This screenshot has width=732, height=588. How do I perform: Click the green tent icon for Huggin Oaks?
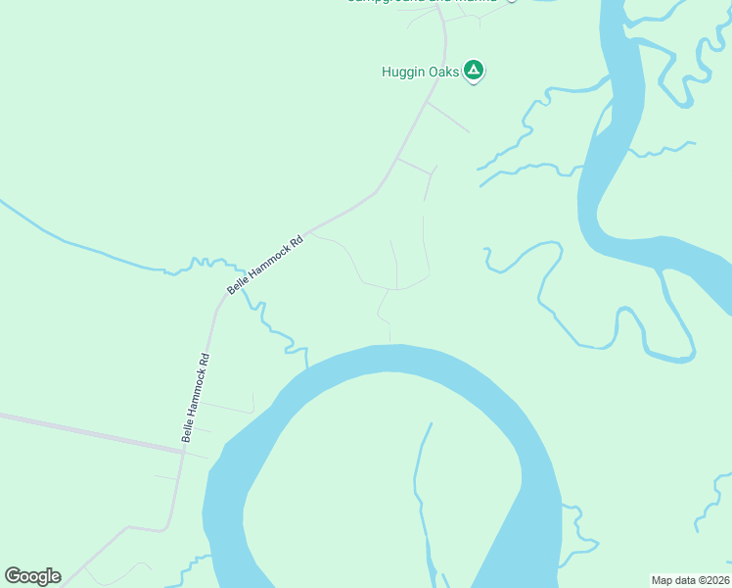pos(474,70)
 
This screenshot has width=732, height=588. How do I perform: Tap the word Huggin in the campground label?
pos(402,72)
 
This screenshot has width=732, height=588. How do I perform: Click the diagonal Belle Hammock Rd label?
pos(265,265)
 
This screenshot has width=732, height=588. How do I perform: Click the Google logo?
pos(32,576)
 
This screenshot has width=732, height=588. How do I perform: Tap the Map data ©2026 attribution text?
pos(690,579)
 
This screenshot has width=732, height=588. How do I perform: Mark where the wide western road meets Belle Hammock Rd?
pos(183,451)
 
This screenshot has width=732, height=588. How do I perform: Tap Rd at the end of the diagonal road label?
pos(297,241)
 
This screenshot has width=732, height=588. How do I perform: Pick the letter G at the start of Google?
pos(13,576)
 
